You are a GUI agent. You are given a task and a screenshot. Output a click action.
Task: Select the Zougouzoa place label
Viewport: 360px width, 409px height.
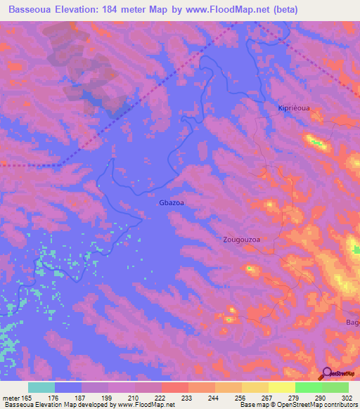[x=241, y=239]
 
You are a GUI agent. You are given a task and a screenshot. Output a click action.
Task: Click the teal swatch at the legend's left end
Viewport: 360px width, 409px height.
[x=41, y=387]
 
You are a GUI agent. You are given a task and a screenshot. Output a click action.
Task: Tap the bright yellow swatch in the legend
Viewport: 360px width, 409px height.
[x=281, y=387]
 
